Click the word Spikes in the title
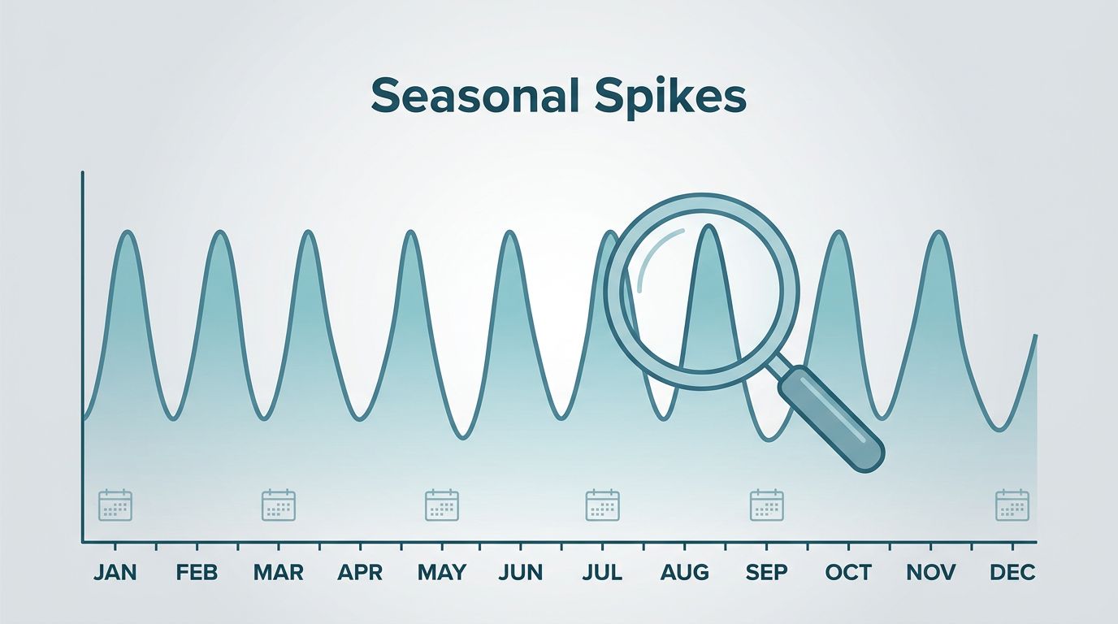pyautogui.click(x=670, y=99)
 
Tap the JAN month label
pyautogui.click(x=115, y=572)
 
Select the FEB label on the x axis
pyautogui.click(x=197, y=572)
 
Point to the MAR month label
pyautogui.click(x=278, y=572)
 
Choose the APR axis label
pyautogui.click(x=360, y=572)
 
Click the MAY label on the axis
pyautogui.click(x=442, y=572)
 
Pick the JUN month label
pyautogui.click(x=521, y=572)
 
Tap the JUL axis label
pyautogui.click(x=602, y=572)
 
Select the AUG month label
pyautogui.click(x=684, y=572)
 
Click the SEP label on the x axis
pyautogui.click(x=767, y=572)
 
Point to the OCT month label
pyautogui.click(x=848, y=572)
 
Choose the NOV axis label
pyautogui.click(x=931, y=572)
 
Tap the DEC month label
pyautogui.click(x=1012, y=572)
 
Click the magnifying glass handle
pyautogui.click(x=831, y=418)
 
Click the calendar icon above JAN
pyautogui.click(x=115, y=505)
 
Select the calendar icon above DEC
pyautogui.click(x=1012, y=505)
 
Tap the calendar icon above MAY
pyautogui.click(x=442, y=505)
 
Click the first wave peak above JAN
pyautogui.click(x=128, y=232)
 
